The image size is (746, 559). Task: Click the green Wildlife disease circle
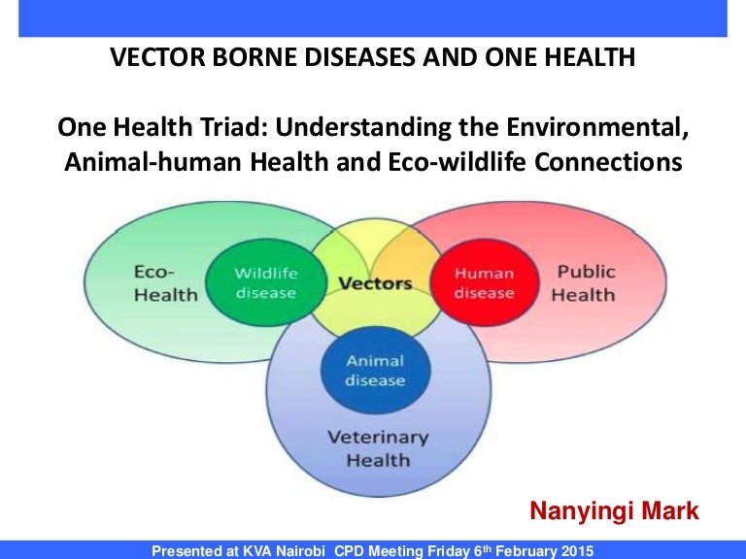(265, 282)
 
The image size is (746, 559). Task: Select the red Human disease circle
(484, 282)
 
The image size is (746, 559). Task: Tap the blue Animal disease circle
(375, 370)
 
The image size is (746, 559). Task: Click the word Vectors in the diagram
(375, 284)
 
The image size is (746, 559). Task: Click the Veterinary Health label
(377, 448)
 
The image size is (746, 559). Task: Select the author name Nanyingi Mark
(613, 511)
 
